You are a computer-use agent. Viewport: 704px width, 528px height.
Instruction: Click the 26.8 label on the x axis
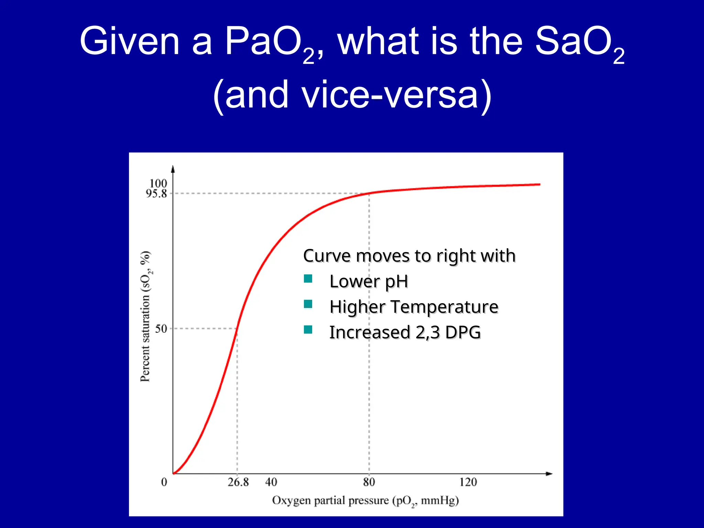click(238, 482)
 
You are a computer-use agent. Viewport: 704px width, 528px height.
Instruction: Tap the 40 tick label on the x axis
click(271, 482)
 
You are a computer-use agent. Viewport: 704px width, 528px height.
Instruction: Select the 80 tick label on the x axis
click(369, 482)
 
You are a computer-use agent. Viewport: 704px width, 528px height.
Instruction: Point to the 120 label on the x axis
click(468, 482)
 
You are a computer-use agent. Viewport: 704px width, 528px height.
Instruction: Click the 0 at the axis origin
click(164, 482)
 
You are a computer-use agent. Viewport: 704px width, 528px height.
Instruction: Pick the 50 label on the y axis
click(161, 329)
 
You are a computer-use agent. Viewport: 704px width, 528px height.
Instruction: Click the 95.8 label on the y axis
click(156, 194)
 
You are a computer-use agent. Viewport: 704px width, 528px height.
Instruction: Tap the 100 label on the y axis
click(158, 183)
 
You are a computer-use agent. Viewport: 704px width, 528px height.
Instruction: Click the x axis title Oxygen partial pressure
click(365, 500)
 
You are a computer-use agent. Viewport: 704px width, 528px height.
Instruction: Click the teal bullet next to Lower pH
click(308, 278)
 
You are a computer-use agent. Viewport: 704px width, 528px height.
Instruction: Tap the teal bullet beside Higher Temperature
click(308, 304)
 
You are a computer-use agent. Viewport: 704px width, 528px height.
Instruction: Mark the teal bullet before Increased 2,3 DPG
click(308, 330)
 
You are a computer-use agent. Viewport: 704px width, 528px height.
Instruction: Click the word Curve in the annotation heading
click(327, 256)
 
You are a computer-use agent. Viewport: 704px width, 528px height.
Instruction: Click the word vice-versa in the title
click(389, 95)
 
